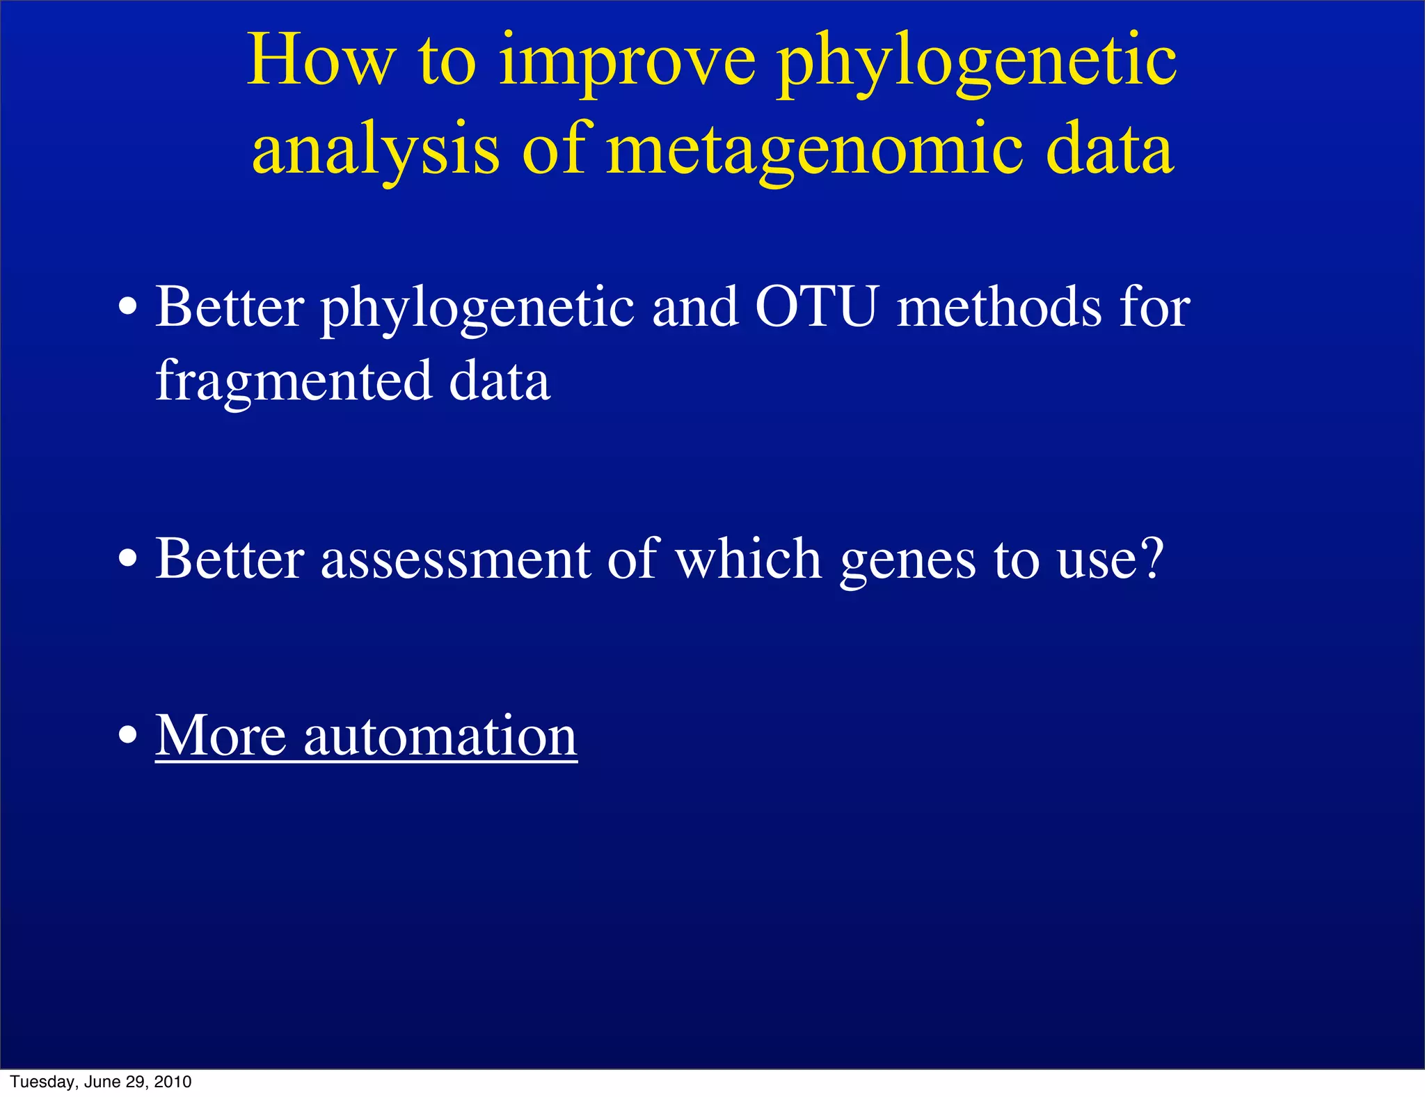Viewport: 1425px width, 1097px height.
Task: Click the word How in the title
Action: (x=321, y=61)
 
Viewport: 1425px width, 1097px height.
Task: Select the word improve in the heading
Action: (x=627, y=64)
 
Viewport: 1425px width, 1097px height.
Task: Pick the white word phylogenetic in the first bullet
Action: (x=477, y=309)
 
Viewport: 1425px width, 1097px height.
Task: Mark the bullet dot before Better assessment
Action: (x=127, y=559)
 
